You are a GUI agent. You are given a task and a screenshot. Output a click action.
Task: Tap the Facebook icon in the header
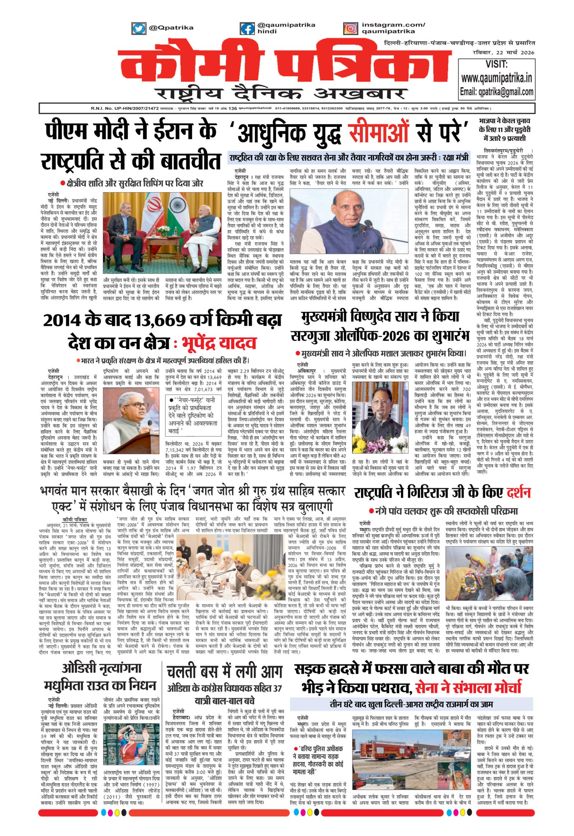[x=248, y=28]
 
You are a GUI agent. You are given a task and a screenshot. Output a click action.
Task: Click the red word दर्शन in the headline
[x=514, y=493]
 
